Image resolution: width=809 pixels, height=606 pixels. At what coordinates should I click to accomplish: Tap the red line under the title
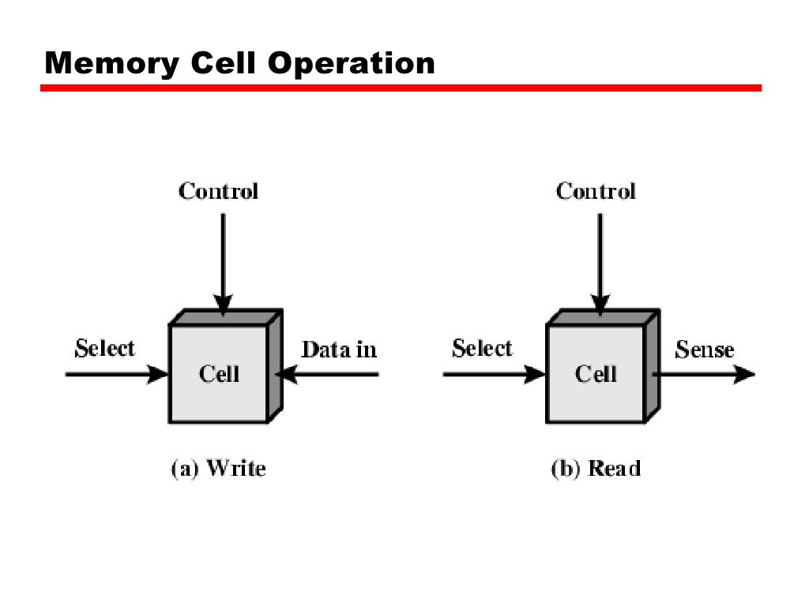tap(401, 88)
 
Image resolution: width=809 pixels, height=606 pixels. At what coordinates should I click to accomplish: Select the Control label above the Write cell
tap(219, 191)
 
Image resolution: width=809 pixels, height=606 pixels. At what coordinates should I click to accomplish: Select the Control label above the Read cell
tap(596, 191)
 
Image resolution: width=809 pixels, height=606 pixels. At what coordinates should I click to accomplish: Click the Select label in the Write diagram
tap(105, 349)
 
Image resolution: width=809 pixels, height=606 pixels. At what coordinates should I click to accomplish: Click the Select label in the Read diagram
tap(482, 349)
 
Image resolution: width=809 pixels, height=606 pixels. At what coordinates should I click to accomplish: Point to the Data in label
tap(340, 350)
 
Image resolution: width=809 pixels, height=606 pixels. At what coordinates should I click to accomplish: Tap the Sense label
tap(705, 350)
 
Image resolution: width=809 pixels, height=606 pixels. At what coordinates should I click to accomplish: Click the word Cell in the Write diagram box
tap(219, 373)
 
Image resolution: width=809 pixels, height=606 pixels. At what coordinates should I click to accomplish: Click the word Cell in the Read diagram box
tap(596, 373)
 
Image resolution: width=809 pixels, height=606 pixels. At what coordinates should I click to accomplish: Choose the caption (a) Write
tap(219, 469)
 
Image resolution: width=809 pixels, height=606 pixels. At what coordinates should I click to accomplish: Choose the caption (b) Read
tap(596, 469)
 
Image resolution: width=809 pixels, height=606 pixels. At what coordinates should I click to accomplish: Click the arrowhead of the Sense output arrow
tap(744, 375)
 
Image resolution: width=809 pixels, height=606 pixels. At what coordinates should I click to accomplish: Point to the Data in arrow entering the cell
tap(332, 375)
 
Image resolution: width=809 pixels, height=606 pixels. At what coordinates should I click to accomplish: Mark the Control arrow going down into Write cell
tap(223, 260)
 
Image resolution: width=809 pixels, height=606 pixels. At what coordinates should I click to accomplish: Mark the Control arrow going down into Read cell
tap(600, 260)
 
